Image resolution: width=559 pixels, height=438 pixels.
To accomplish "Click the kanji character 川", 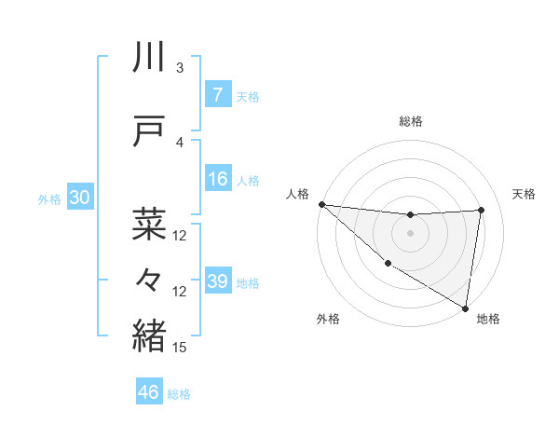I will click(149, 58).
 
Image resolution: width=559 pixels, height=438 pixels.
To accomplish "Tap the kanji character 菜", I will click(149, 224).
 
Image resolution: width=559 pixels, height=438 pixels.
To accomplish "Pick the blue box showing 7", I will click(217, 95).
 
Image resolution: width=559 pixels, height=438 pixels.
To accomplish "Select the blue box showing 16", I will click(217, 179).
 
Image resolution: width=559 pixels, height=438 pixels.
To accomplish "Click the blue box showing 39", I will click(217, 281).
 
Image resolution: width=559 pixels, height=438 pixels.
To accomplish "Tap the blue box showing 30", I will click(80, 198).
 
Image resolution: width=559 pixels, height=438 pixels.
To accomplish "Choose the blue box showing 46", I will click(149, 392).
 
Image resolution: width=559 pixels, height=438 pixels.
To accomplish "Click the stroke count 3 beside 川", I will click(180, 68).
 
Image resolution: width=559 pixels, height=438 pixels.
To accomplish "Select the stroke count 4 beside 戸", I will click(180, 143).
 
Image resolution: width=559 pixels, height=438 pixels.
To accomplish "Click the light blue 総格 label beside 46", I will click(179, 394).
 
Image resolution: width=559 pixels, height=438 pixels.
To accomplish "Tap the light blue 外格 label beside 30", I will click(49, 199).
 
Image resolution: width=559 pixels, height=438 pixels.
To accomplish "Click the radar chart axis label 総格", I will click(410, 121).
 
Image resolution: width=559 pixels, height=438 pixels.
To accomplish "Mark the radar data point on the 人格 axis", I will click(321, 204).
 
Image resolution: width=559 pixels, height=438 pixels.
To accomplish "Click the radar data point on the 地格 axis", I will click(465, 308).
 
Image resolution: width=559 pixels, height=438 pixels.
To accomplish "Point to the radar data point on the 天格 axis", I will click(482, 210).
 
